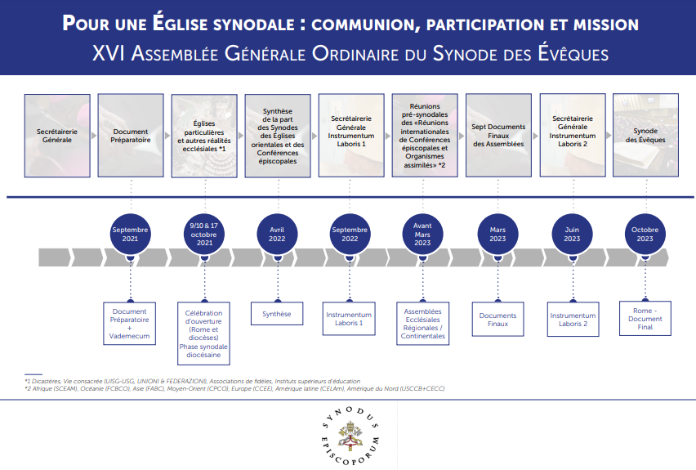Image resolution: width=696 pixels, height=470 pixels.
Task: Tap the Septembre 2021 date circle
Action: [131, 235]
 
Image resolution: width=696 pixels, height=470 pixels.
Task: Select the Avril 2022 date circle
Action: [278, 235]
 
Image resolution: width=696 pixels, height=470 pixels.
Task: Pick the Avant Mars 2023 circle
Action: [422, 235]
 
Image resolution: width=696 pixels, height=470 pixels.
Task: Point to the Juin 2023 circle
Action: [572, 235]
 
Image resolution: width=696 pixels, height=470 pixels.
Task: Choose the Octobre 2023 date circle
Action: [645, 235]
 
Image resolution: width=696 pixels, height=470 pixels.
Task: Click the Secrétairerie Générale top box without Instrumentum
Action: [56, 135]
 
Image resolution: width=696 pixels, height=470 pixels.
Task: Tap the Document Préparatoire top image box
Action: [131, 135]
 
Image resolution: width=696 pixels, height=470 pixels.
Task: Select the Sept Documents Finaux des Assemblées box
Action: [498, 135]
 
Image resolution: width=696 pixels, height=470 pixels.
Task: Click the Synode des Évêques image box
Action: [645, 135]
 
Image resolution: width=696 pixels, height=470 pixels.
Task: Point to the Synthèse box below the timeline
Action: [277, 314]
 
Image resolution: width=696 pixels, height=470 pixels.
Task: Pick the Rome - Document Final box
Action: [645, 319]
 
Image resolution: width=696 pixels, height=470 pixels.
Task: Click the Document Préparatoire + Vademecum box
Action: [131, 323]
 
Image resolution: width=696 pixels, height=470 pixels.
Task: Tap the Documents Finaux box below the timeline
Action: [498, 319]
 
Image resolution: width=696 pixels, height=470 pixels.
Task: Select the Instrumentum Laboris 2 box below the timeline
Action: [573, 319]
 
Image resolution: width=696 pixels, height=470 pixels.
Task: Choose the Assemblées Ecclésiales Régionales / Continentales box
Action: [422, 323]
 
